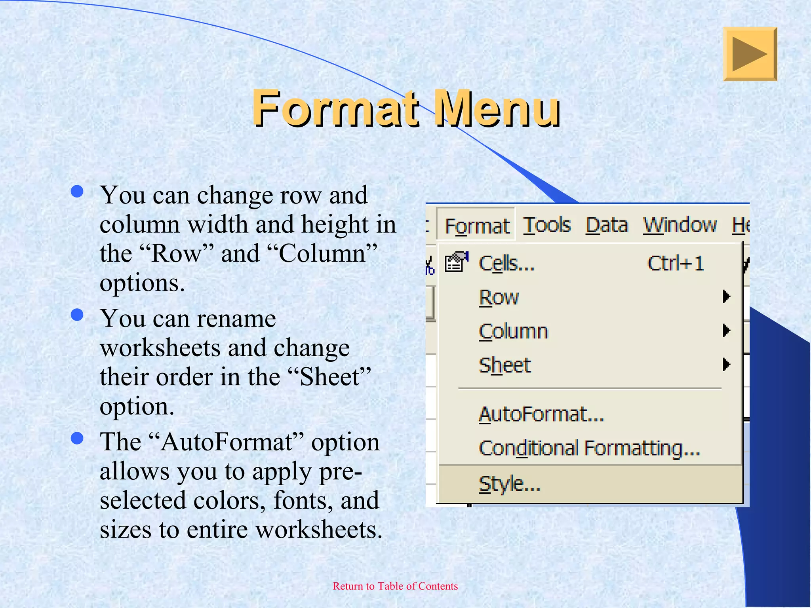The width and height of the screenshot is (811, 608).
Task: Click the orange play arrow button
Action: tap(750, 54)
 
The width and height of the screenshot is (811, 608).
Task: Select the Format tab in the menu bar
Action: tap(477, 226)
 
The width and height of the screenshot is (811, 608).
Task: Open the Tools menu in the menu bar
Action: tap(546, 225)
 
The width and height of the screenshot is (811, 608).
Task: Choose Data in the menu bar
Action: tap(606, 225)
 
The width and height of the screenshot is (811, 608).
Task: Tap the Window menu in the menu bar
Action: tap(680, 225)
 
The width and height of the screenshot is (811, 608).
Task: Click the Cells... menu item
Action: tap(506, 263)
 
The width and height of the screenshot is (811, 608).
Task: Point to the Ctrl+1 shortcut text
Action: tap(675, 263)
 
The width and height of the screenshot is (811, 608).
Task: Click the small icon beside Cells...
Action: tap(456, 262)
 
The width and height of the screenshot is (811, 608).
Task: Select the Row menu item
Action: tap(499, 297)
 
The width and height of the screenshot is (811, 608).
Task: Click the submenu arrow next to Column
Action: tap(726, 331)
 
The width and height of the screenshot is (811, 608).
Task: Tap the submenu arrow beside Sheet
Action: tap(726, 365)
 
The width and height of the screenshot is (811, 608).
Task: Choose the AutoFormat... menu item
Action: tap(541, 414)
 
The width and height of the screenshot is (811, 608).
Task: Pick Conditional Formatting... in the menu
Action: tap(589, 448)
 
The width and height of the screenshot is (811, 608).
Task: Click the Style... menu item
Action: tap(509, 484)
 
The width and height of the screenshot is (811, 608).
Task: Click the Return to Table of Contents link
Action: tap(395, 586)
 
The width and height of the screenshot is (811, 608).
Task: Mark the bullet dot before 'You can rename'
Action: tap(77, 315)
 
